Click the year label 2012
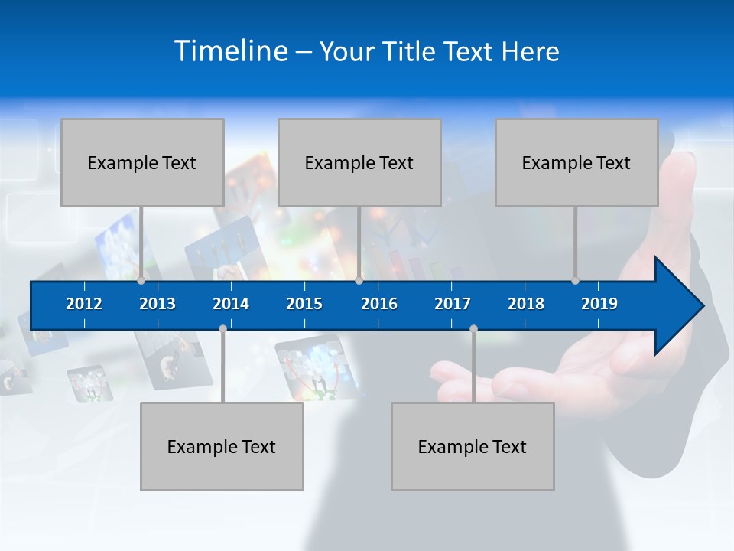click(84, 304)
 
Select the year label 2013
click(158, 304)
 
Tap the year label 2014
click(231, 304)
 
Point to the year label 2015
click(304, 304)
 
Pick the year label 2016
click(379, 304)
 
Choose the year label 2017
click(453, 304)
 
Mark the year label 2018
click(526, 304)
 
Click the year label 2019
click(599, 304)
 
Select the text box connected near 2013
click(142, 162)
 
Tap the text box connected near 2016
click(359, 162)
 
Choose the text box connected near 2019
click(576, 162)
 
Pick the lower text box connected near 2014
click(222, 446)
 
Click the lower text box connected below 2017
click(473, 446)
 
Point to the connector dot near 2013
click(141, 281)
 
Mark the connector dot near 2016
click(359, 281)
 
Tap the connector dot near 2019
click(575, 281)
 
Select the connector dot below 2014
click(222, 329)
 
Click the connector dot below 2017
click(473, 329)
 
